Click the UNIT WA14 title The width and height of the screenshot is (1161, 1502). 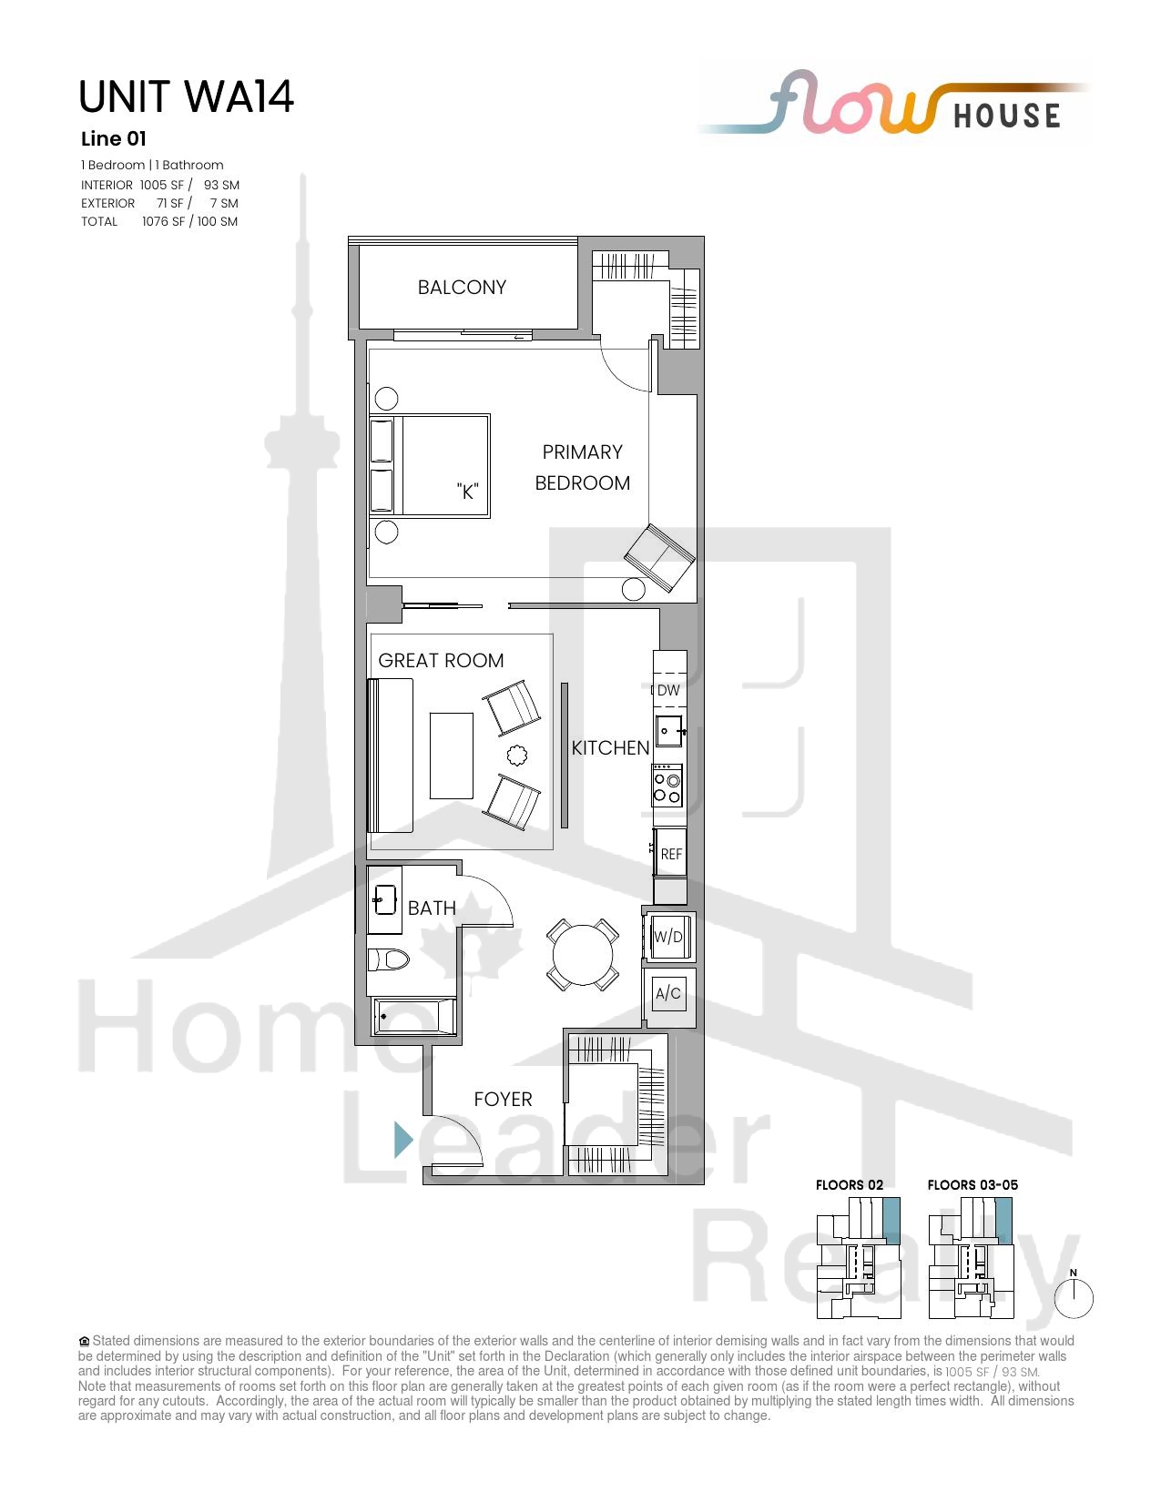pos(186,96)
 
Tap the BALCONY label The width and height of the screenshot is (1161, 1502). pos(462,287)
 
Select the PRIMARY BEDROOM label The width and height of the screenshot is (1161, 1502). pos(582,467)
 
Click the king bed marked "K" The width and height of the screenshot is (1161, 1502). pos(430,466)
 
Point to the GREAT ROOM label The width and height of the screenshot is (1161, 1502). pos(441,660)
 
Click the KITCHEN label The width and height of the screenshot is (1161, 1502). pos(610,747)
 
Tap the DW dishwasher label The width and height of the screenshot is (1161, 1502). pos(668,690)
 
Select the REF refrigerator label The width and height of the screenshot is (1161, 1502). pos(671,854)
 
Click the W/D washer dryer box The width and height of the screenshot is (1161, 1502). pos(668,937)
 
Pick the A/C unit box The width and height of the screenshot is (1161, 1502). pos(668,993)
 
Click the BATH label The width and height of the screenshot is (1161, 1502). pos(432,908)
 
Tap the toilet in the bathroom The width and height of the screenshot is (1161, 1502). pos(388,959)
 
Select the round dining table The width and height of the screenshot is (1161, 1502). pos(583,955)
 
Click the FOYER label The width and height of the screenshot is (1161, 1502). pos(503,1099)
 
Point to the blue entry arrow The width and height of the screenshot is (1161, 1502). pos(403,1139)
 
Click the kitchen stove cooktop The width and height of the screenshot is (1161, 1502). pos(667,786)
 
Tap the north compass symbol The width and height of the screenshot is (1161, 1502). pos(1074,1296)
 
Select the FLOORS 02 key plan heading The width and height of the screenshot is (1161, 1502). pos(850,1184)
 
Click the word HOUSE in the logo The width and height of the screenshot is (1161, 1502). pos(1007,116)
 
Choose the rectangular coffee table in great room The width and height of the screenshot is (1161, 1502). pos(452,756)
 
